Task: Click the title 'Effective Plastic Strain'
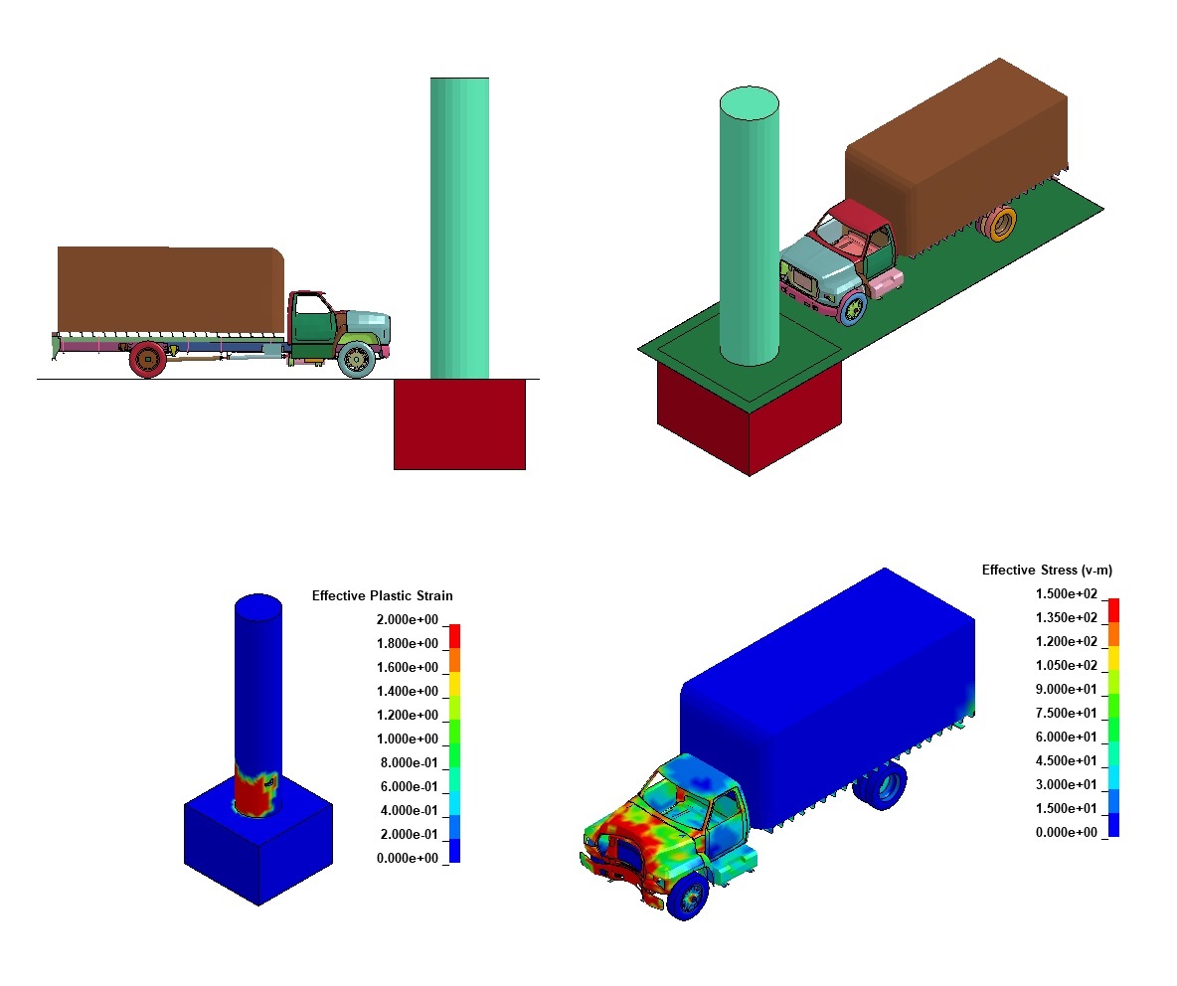tap(382, 596)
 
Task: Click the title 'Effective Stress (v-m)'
tap(1047, 571)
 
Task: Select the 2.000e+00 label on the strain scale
tap(408, 620)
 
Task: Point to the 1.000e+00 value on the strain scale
tap(408, 739)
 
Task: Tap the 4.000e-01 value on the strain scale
tap(408, 811)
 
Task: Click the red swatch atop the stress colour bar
tap(1113, 608)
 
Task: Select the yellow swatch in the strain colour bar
tap(454, 683)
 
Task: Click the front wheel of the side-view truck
tap(356, 358)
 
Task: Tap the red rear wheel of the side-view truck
tap(147, 359)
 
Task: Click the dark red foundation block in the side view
tap(459, 423)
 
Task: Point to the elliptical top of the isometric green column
tap(749, 101)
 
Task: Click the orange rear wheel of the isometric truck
tap(1002, 225)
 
